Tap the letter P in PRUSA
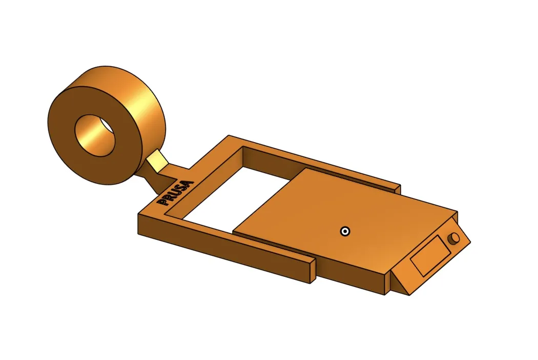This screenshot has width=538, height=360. tap(163, 202)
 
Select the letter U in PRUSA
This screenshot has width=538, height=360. tap(177, 193)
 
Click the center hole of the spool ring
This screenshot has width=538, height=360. tap(95, 135)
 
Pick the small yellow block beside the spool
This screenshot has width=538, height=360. tap(158, 162)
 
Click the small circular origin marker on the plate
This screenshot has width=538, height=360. tap(345, 231)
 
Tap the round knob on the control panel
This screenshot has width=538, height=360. tap(453, 239)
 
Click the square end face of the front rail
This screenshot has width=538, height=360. tap(313, 271)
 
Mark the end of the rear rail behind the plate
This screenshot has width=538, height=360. tap(397, 188)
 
